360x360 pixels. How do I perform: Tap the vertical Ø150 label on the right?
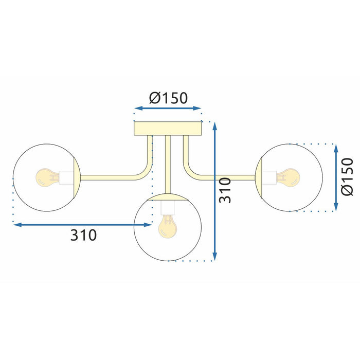tap(348, 176)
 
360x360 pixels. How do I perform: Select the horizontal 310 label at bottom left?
tap(83, 236)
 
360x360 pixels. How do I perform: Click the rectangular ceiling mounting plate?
tap(168, 128)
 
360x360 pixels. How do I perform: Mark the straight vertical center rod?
tap(168, 165)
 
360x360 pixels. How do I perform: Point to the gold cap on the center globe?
tap(167, 197)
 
